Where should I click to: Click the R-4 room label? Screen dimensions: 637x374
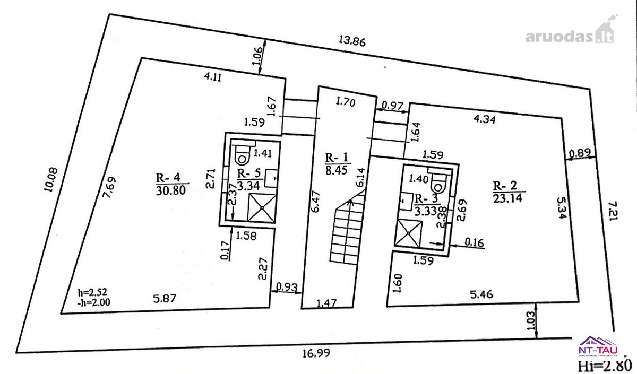(168, 178)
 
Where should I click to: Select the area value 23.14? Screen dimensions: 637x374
(508, 198)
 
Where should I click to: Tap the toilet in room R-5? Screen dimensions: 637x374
(242, 154)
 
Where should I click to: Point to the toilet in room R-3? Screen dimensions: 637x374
(440, 182)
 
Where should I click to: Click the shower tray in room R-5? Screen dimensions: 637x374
(262, 208)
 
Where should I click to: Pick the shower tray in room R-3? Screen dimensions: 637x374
(408, 233)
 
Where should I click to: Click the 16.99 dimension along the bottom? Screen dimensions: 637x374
(316, 353)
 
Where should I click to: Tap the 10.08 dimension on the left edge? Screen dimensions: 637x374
(51, 180)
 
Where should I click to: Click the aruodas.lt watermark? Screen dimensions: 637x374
(570, 33)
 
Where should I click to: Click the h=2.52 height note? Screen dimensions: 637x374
(92, 292)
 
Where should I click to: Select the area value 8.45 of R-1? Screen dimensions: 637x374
(338, 170)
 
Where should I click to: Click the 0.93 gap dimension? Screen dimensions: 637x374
(287, 287)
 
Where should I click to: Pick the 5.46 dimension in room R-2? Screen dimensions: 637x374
(482, 294)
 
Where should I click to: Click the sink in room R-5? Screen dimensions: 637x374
(271, 178)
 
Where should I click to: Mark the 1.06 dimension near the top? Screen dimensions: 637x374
(257, 57)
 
